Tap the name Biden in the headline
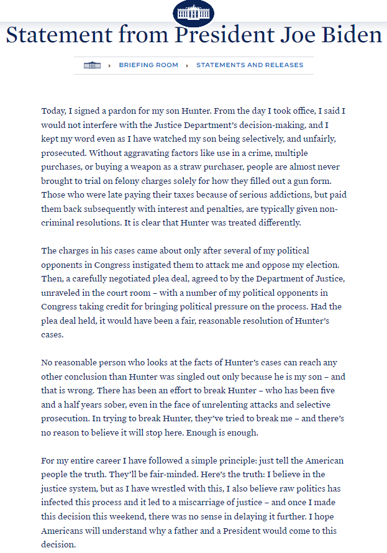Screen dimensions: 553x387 tap(351, 35)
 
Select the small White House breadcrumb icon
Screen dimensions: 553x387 tap(92, 65)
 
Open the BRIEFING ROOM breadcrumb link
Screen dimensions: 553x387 tap(148, 65)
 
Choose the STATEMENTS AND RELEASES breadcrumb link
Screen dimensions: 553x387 tap(250, 65)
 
